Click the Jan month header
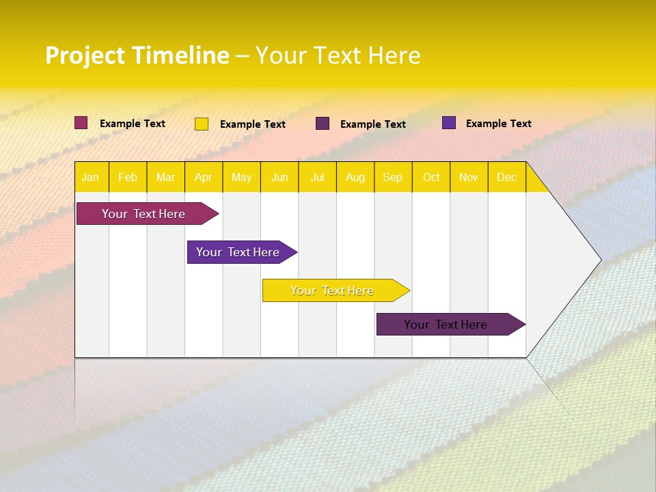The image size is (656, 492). point(91,177)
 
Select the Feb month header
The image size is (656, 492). point(128,177)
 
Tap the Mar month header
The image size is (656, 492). point(165,177)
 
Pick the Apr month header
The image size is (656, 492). point(204,177)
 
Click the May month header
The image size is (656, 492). point(241,177)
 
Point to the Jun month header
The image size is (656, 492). point(279,177)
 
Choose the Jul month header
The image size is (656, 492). point(318,177)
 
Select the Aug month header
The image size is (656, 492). point(355,177)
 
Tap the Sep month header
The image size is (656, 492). point(393,177)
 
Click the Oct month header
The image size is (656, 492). point(431,177)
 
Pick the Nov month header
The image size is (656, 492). point(469,177)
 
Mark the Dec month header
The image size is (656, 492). point(507,177)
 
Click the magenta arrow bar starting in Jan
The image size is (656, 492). point(143,214)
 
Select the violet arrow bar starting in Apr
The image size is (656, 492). point(238,252)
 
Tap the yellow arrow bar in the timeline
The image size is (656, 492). point(332,290)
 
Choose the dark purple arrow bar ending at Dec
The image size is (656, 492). point(446,325)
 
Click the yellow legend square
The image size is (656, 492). point(202,124)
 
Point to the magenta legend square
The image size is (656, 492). point(81,123)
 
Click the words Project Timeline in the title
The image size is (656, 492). point(137,55)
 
